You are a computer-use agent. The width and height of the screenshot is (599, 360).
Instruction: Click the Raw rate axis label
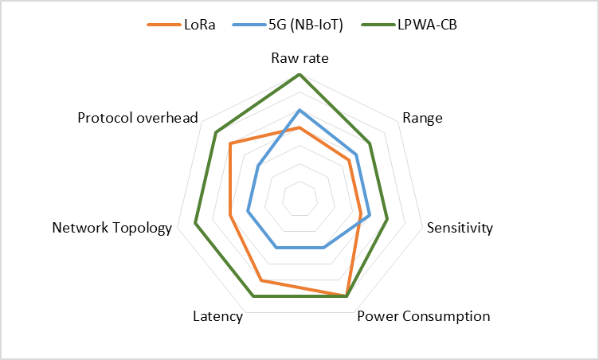click(x=299, y=58)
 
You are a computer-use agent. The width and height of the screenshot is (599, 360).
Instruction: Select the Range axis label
click(x=422, y=119)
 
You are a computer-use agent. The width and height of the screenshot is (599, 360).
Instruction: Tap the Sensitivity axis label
click(x=460, y=228)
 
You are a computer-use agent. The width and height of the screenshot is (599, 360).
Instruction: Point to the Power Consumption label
click(x=423, y=316)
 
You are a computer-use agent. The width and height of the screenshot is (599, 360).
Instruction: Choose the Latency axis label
click(x=217, y=316)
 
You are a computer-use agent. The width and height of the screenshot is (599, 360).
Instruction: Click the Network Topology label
click(x=112, y=228)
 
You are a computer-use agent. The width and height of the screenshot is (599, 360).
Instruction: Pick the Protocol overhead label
click(x=138, y=118)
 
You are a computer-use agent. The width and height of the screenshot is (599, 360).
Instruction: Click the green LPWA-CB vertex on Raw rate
click(x=299, y=74)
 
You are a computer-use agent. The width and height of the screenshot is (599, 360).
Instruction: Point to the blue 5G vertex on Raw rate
click(x=299, y=110)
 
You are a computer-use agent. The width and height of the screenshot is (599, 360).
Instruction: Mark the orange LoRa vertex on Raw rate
click(x=299, y=127)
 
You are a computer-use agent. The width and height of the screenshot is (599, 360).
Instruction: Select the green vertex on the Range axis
click(x=370, y=143)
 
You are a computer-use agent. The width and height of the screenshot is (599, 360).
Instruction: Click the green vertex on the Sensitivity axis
click(x=387, y=219)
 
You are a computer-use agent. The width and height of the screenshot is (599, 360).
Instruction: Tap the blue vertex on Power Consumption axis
click(x=323, y=248)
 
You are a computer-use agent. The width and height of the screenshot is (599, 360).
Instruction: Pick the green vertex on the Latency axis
click(x=253, y=296)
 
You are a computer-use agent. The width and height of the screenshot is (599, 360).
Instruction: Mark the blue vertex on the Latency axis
click(x=276, y=248)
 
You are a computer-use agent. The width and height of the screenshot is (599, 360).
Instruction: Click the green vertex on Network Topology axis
click(x=195, y=224)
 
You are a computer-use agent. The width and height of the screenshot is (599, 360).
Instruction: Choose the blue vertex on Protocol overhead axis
click(x=258, y=166)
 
